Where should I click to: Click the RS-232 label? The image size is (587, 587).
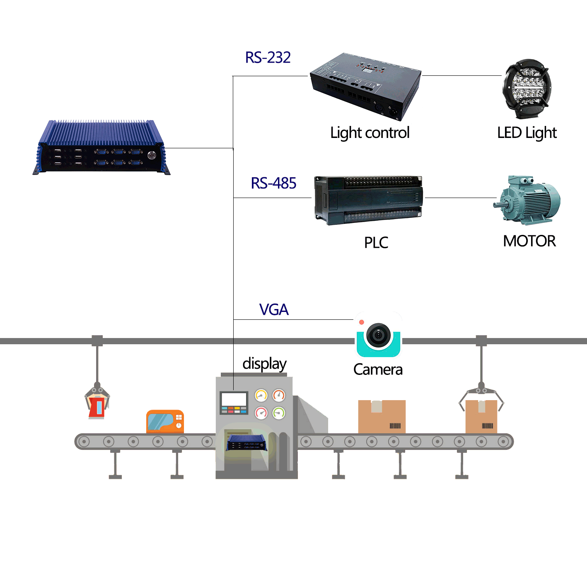pos(268,58)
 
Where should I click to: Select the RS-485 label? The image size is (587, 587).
pos(273,183)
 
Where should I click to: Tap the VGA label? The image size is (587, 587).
pos(273,309)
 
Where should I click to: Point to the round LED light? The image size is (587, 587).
pos(527,88)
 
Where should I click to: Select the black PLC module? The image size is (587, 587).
pos(368,200)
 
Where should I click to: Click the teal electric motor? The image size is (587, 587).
pos(527,200)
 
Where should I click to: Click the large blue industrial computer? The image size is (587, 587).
pos(101,148)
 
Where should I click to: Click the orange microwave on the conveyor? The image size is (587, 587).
pos(165,422)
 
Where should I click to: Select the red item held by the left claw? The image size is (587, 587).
pos(97,407)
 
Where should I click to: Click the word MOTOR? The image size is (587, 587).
pos(529,241)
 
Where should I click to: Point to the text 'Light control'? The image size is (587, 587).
pos(370,133)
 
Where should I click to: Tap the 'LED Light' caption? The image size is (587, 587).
pos(527,133)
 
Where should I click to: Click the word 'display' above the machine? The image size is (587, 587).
pos(264,364)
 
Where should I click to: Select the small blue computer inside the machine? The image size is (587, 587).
pos(246,443)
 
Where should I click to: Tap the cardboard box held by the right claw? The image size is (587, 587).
pos(481,416)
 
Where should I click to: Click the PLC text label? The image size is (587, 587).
pos(376,243)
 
